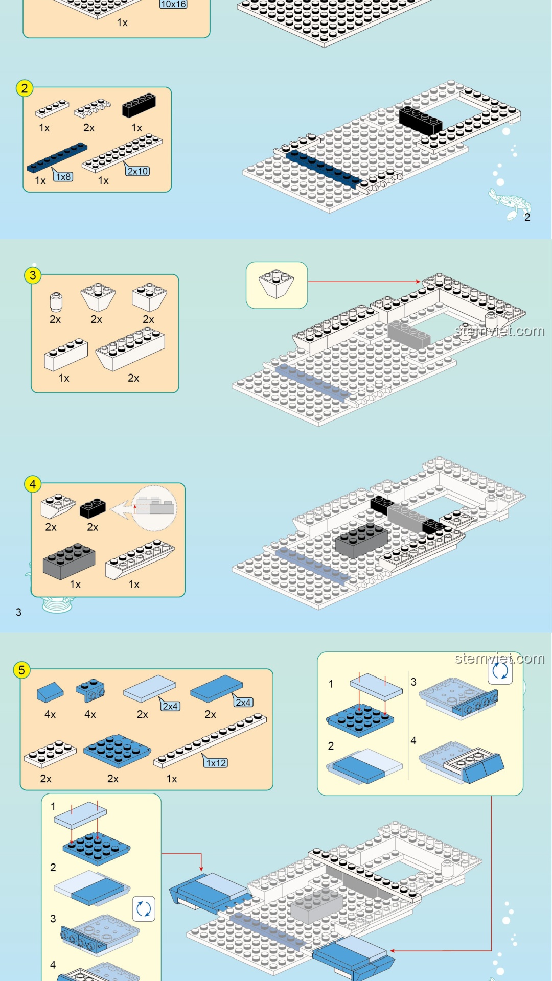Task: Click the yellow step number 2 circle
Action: tap(25, 88)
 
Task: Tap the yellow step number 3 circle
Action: tap(33, 275)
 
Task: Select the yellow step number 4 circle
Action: tap(33, 484)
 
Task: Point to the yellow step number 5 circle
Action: tap(21, 670)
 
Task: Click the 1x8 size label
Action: tap(63, 177)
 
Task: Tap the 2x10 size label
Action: tap(138, 171)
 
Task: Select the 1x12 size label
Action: tap(216, 763)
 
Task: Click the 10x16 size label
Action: tap(173, 4)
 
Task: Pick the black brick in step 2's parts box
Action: tap(139, 105)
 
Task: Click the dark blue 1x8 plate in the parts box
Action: tap(57, 157)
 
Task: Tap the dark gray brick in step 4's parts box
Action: tap(69, 560)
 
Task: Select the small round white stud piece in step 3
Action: tap(56, 301)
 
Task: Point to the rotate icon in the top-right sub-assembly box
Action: tap(500, 670)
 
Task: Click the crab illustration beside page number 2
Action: tap(510, 204)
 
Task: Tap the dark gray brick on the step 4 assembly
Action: tap(361, 540)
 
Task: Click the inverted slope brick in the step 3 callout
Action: tap(276, 283)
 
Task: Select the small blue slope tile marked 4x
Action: tap(50, 692)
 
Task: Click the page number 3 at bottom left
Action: tap(18, 612)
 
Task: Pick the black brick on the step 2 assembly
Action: tap(420, 121)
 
